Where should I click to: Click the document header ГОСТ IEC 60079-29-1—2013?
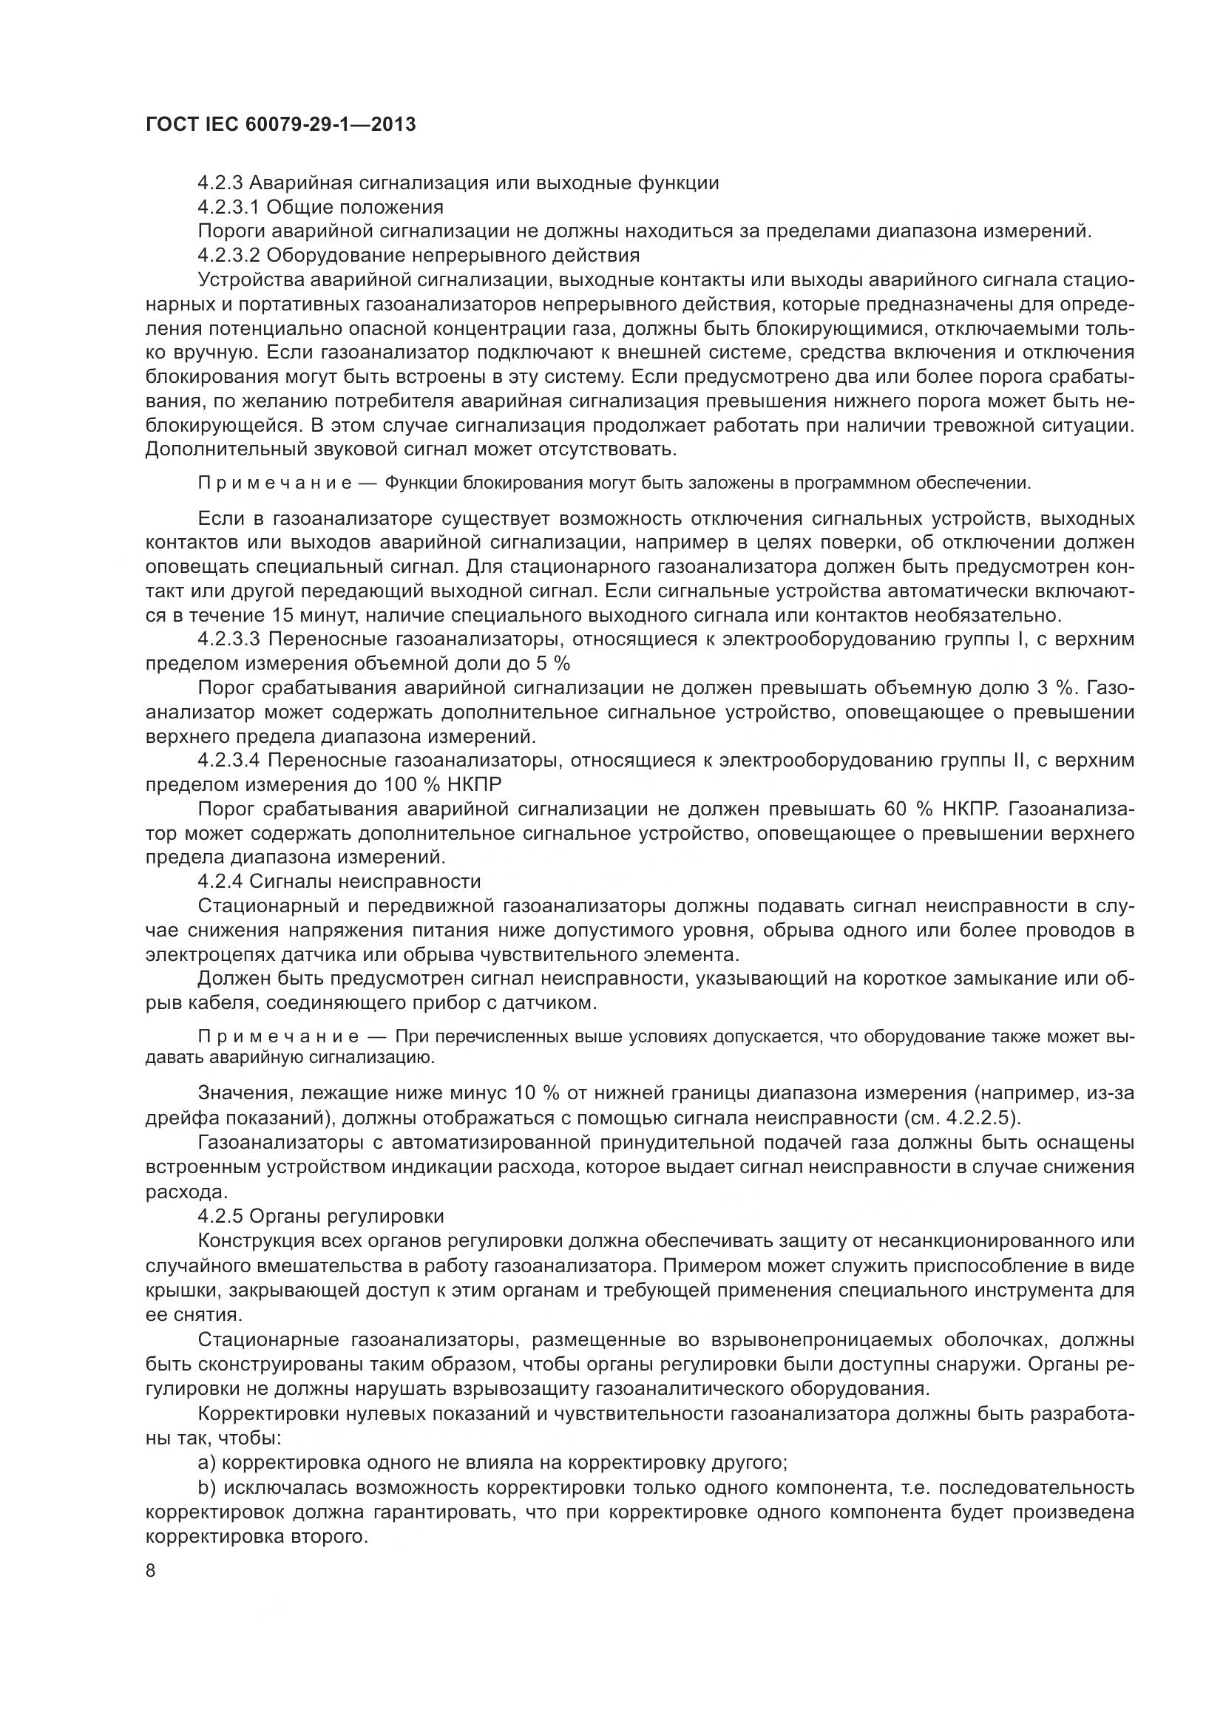(280, 124)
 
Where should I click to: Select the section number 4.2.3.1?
(229, 206)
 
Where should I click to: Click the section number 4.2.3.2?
(229, 255)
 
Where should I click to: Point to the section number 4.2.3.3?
(229, 640)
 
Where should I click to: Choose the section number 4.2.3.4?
(229, 761)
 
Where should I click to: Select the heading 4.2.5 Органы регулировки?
(321, 1216)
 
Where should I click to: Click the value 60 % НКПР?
(941, 809)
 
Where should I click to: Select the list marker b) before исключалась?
(207, 1488)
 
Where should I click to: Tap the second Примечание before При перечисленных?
(274, 1037)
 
